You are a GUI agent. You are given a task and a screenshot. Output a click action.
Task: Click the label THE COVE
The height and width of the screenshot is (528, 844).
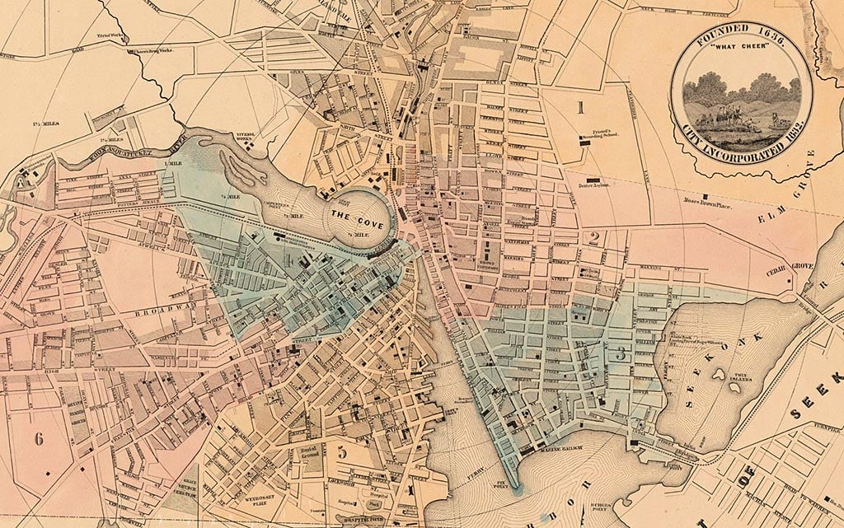coord(354,215)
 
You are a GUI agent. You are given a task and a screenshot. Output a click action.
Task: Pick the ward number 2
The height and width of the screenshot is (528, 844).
coord(593,239)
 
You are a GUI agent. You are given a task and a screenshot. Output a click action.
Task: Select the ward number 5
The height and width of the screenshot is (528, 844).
coord(341,451)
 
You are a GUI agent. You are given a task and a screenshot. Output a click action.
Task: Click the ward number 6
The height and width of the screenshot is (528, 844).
coord(39,439)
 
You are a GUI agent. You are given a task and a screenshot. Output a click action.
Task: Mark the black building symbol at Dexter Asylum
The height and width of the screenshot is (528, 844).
coord(592,179)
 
